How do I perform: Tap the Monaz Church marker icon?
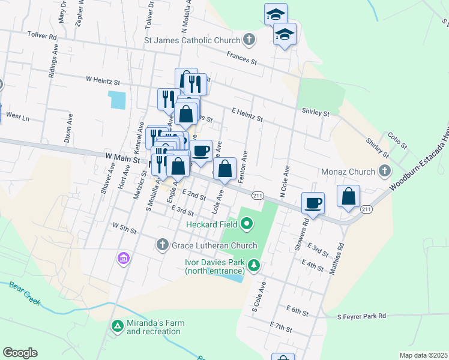pyautogui.click(x=384, y=172)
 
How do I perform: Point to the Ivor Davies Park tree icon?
pyautogui.click(x=255, y=265)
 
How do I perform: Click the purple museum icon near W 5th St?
pyautogui.click(x=123, y=259)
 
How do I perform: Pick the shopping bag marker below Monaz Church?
pyautogui.click(x=349, y=196)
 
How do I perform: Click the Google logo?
pyautogui.click(x=20, y=353)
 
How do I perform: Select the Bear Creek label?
pyautogui.click(x=25, y=293)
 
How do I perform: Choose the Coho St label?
pyautogui.click(x=397, y=142)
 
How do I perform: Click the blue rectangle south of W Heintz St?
pyautogui.click(x=117, y=100)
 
